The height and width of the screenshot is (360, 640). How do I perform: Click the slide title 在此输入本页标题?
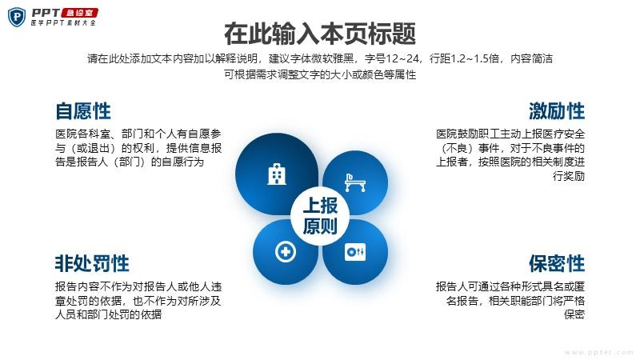click(x=320, y=34)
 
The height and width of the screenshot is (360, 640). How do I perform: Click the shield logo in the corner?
click(x=17, y=17)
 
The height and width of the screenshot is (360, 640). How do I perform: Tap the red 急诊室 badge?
click(x=79, y=13)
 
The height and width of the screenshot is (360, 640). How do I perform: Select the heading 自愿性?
click(x=83, y=111)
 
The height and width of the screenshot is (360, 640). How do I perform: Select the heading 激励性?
click(x=557, y=111)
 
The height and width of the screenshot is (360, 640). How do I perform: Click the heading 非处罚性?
click(x=92, y=263)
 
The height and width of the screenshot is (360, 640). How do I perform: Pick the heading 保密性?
click(x=557, y=263)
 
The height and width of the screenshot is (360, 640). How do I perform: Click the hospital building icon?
click(x=277, y=174)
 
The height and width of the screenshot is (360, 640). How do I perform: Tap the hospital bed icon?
click(x=354, y=182)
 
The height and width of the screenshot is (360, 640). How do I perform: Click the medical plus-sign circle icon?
click(x=286, y=251)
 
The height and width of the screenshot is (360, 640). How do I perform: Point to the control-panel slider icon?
click(x=355, y=252)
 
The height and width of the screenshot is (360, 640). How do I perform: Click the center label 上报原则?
click(x=320, y=215)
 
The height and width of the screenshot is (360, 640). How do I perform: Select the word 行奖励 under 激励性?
click(x=569, y=176)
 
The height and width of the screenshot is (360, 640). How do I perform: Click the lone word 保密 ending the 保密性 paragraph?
click(x=574, y=314)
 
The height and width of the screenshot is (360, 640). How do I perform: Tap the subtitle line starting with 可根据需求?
click(x=320, y=74)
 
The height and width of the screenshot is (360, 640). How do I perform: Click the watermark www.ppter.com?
click(x=598, y=352)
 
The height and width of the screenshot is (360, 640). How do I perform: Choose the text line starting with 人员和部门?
click(x=109, y=314)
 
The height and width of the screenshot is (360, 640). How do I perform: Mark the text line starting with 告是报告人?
click(x=130, y=162)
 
